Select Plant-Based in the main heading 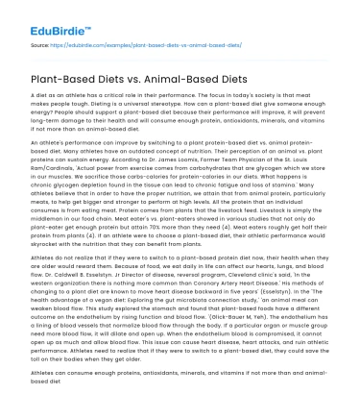click(x=74, y=84)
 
